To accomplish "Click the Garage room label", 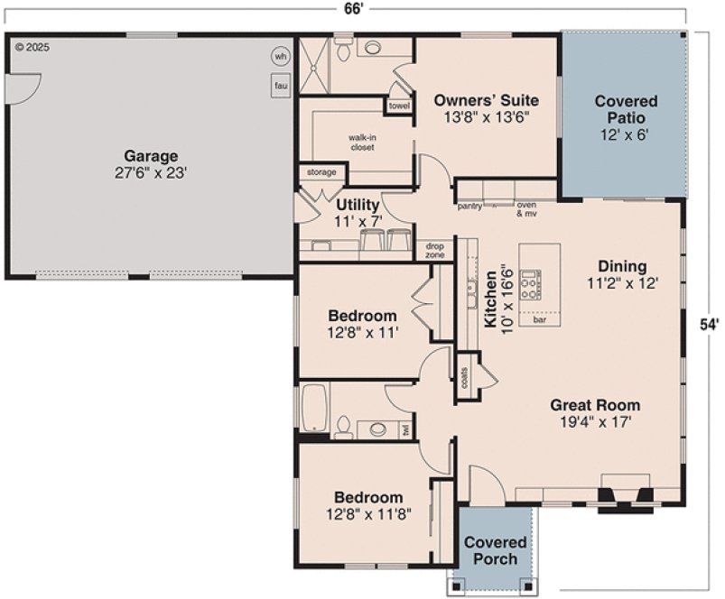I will [x=151, y=163].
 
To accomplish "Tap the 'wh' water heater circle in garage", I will [x=280, y=56].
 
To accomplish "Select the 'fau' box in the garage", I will [x=280, y=84].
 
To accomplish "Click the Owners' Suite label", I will [x=486, y=107].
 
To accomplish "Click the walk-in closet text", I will [x=361, y=142].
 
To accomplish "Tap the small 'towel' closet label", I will [x=398, y=106].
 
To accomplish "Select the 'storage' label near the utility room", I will [x=321, y=171].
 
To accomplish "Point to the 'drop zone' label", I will [x=434, y=251].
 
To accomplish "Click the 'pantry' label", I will [x=469, y=207].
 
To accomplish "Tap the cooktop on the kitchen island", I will [x=530, y=284].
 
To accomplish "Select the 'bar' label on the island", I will [x=540, y=319].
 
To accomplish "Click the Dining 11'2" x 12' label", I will [x=622, y=274].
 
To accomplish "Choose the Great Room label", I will [x=595, y=412].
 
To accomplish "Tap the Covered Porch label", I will [x=495, y=550].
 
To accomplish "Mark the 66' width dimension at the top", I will [x=353, y=8].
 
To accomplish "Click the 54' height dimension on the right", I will [x=710, y=322].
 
